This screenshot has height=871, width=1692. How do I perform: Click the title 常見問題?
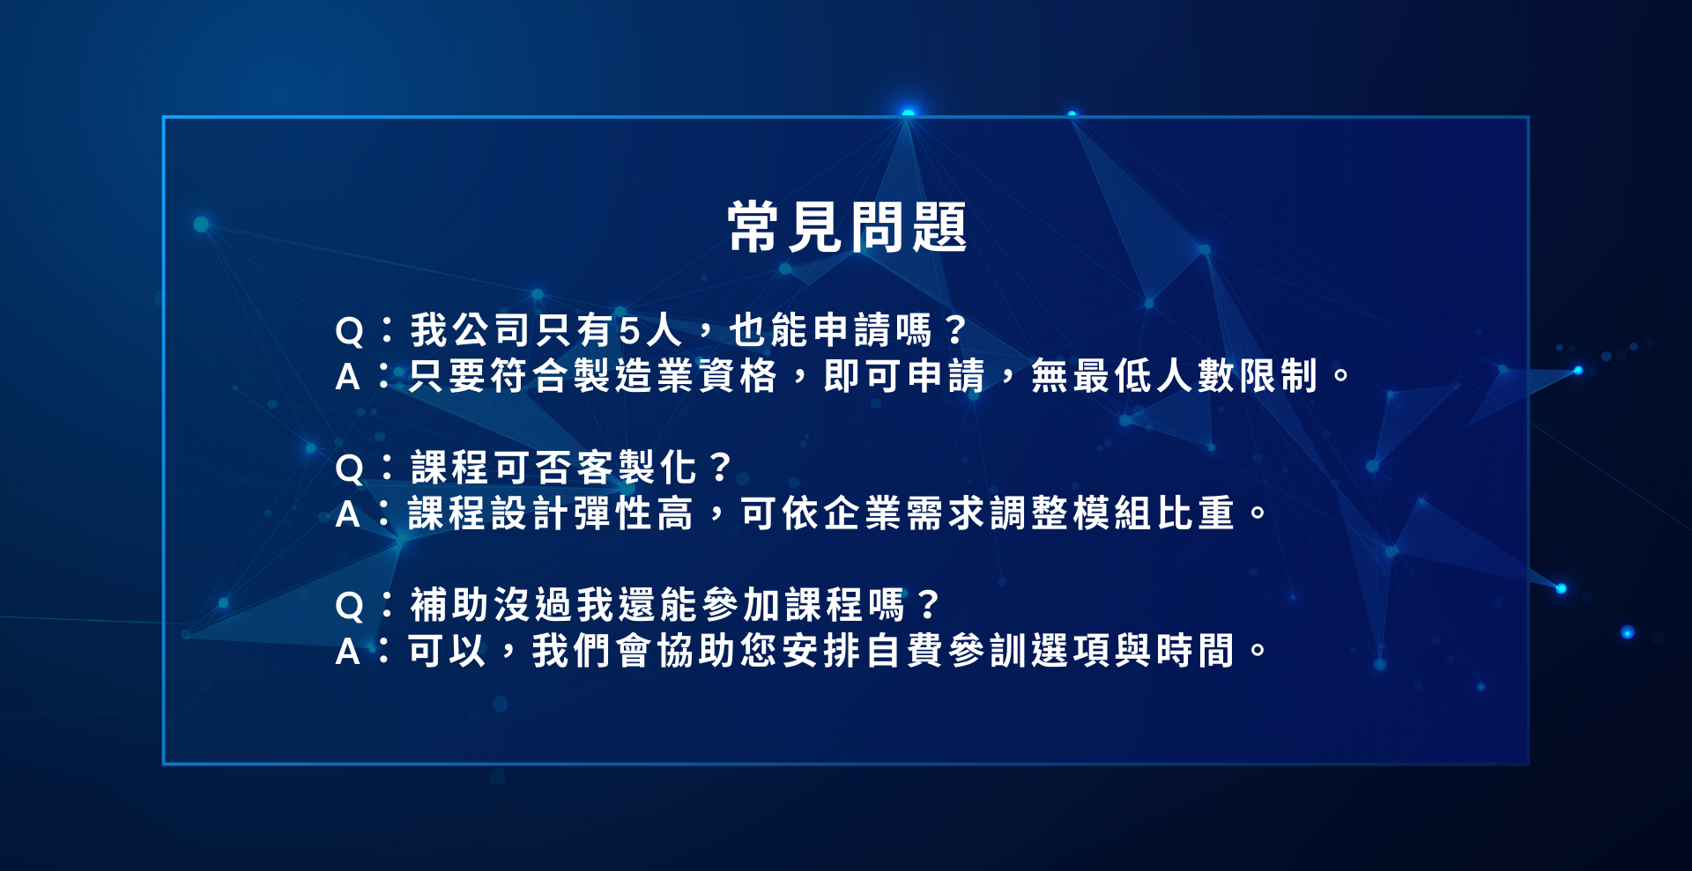847,227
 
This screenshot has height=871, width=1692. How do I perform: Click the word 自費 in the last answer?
903,651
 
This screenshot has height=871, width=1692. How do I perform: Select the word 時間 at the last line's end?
1194,651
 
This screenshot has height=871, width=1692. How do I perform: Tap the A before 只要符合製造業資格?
348,377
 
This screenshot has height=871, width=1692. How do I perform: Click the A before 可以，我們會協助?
348,652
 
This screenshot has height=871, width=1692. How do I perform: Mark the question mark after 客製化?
720,467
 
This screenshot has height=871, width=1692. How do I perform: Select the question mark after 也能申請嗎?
954,330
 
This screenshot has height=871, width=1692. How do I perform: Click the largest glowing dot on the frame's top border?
908,113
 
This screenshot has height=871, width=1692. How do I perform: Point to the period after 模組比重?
1258,512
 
